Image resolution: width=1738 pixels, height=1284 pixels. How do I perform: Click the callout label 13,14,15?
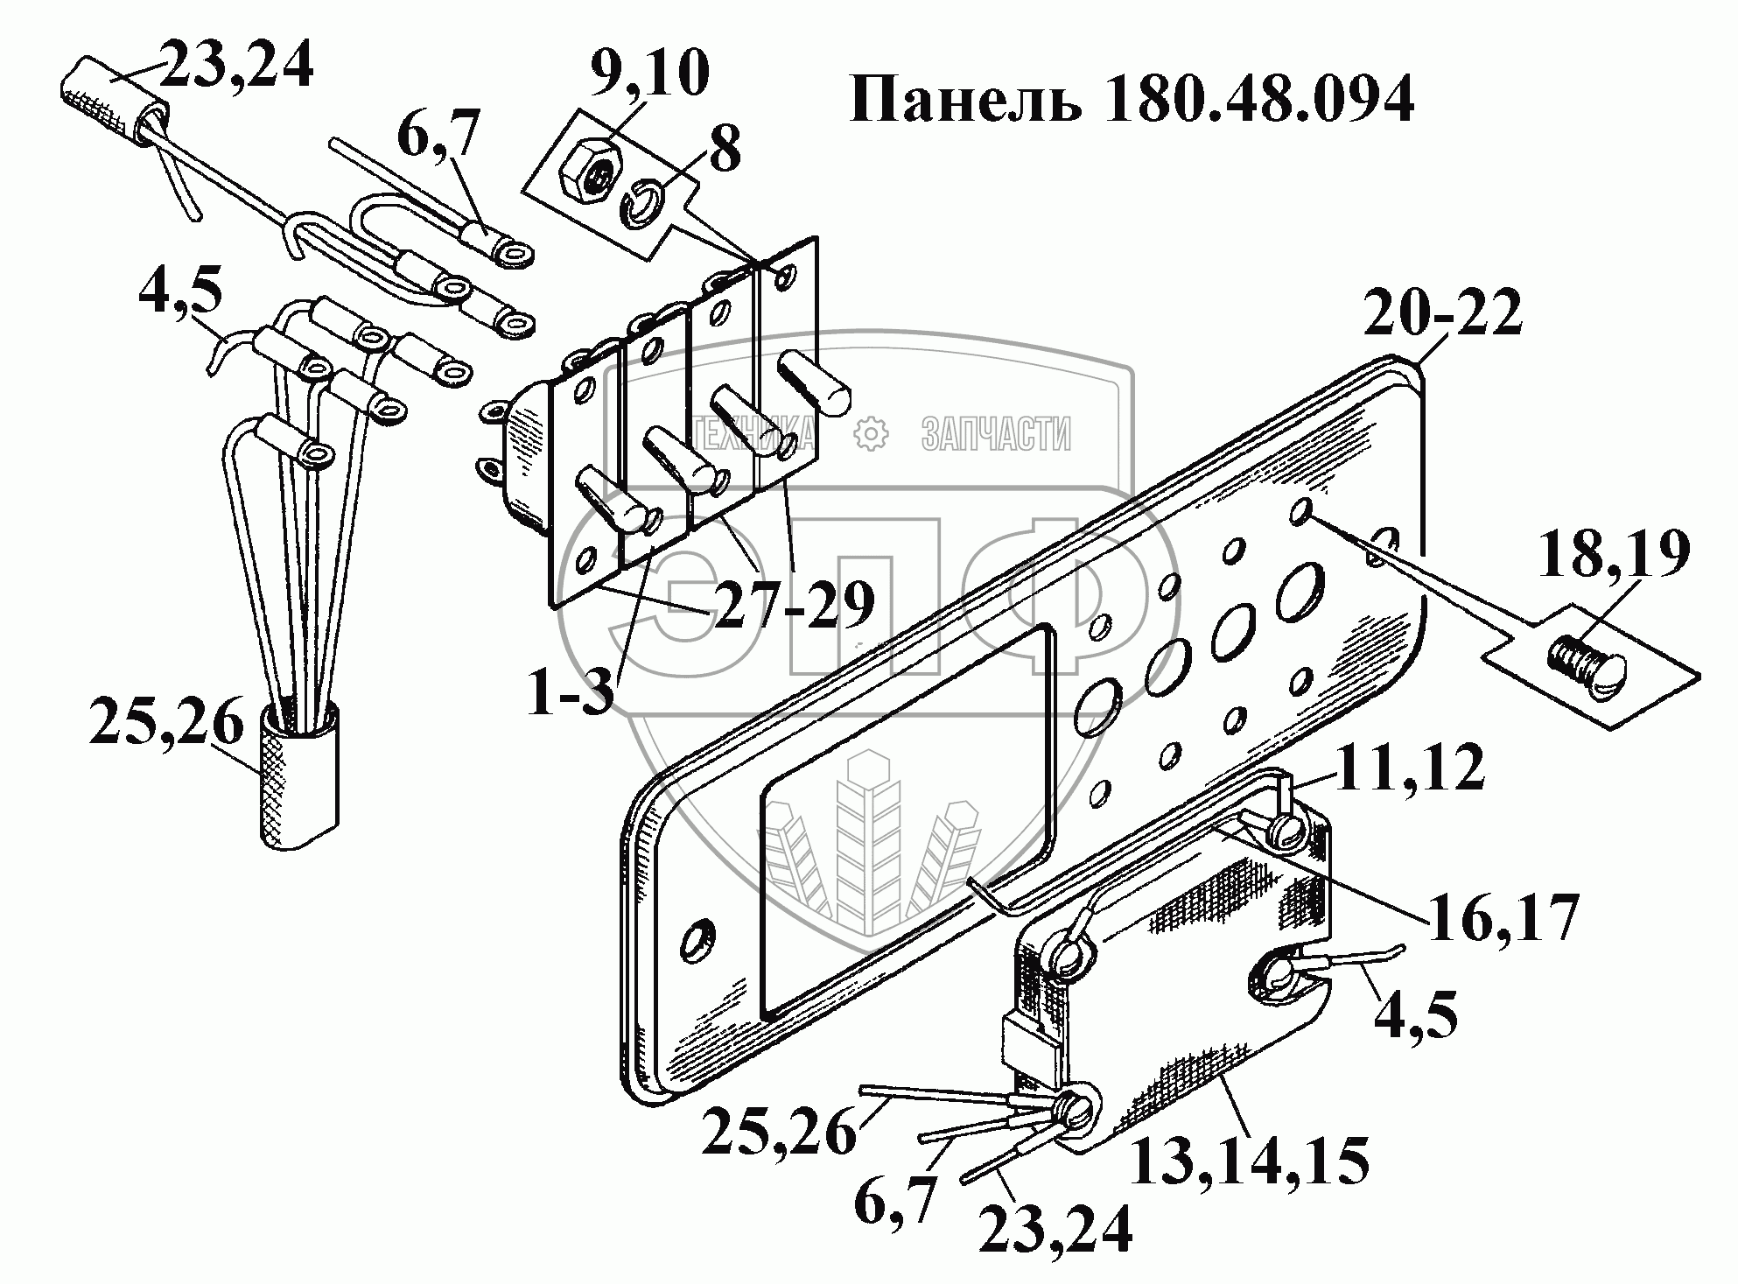[x=1250, y=1161]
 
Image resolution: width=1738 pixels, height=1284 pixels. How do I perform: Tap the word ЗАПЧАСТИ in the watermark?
[x=996, y=433]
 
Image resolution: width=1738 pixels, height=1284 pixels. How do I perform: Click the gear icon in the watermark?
[x=870, y=432]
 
